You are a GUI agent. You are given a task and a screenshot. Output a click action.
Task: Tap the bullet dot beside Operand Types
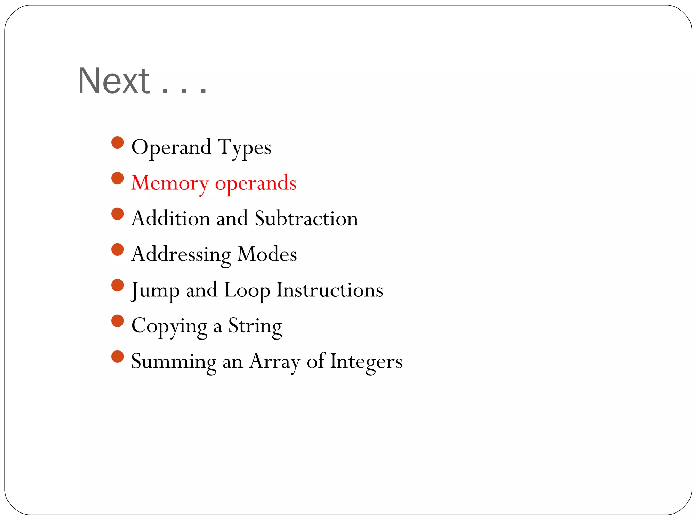coord(117,142)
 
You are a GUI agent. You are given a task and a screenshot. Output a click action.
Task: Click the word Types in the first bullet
coord(244,148)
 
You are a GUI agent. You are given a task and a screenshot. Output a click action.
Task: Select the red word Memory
coord(170,184)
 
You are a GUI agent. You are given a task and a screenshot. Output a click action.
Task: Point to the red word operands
coord(256,184)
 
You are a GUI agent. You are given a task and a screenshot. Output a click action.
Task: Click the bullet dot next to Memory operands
coord(117,178)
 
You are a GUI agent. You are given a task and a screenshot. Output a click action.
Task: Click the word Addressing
coord(181,255)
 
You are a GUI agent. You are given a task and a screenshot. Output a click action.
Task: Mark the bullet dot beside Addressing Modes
coord(117,249)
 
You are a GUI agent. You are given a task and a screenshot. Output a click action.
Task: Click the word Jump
coord(156,291)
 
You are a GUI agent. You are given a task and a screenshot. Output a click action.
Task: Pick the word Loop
coord(247,291)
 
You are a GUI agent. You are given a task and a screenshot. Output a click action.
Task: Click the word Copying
coord(169,327)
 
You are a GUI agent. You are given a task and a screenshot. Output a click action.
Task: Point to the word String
coord(255,327)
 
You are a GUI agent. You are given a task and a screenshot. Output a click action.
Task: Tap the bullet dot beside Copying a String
coord(117,321)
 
